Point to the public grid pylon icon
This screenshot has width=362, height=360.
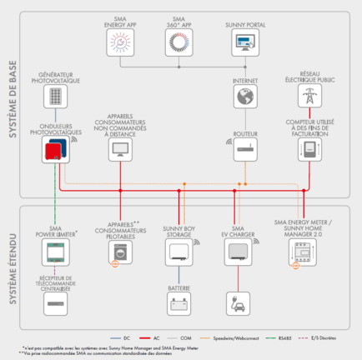pos(305,97)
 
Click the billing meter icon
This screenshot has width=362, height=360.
pos(306,150)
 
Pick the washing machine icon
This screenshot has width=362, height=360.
pos(121,252)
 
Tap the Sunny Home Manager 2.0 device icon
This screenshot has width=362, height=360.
pos(305,252)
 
